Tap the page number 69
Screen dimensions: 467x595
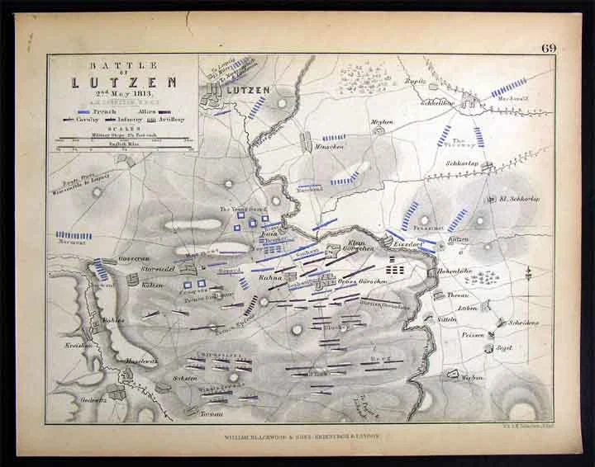coord(549,48)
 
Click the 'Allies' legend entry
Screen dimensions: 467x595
coord(151,111)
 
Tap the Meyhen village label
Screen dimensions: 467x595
coord(381,121)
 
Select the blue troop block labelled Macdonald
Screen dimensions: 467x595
coord(508,86)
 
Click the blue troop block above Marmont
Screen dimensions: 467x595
coord(74,235)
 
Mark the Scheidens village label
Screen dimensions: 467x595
coord(524,323)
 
